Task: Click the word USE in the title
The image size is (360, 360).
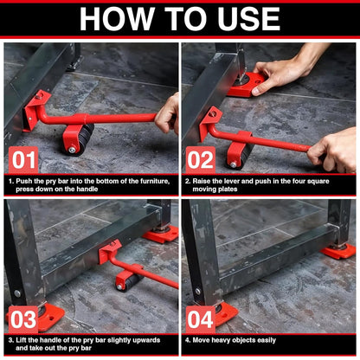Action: pyautogui.click(x=245, y=19)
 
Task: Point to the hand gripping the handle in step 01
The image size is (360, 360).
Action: pyautogui.click(x=168, y=112)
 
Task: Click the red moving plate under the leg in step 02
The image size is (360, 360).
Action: pyautogui.click(x=247, y=86)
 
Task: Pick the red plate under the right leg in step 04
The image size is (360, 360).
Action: pyautogui.click(x=338, y=251)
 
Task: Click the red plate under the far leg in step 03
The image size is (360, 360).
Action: pyautogui.click(x=162, y=233)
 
